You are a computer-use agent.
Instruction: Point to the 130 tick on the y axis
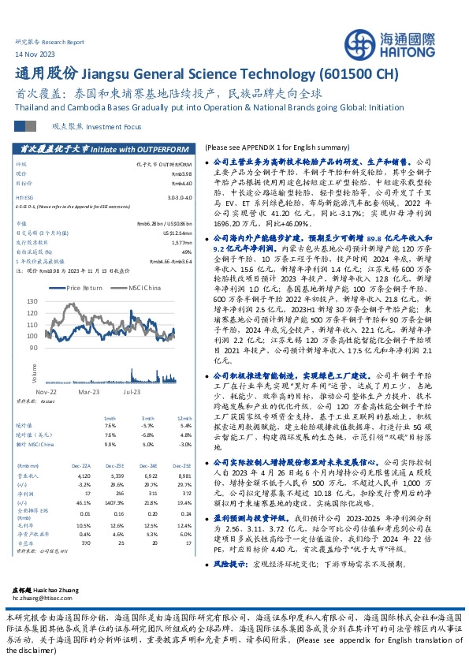point(54,301)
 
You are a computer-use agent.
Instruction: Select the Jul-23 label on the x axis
point(131,390)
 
